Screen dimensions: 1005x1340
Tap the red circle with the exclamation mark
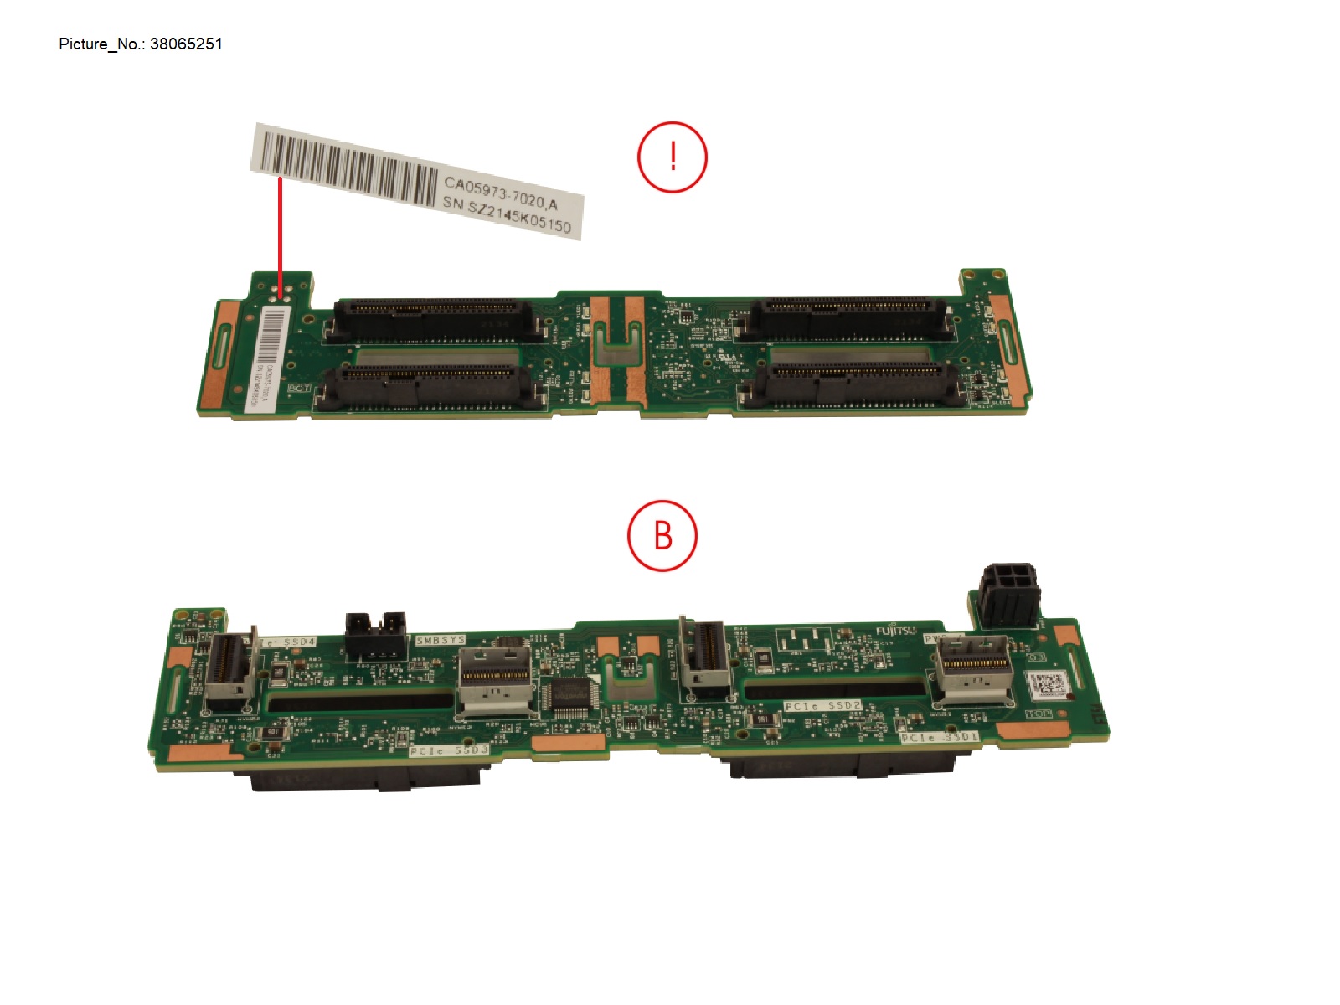pyautogui.click(x=673, y=157)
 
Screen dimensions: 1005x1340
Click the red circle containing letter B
pyautogui.click(x=662, y=536)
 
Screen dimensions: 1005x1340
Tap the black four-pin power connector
pyautogui.click(x=1008, y=594)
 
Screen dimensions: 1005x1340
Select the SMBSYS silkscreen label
pyautogui.click(x=441, y=641)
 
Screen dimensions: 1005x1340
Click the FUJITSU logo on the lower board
pyautogui.click(x=896, y=631)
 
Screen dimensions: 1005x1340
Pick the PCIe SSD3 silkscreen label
pyautogui.click(x=449, y=750)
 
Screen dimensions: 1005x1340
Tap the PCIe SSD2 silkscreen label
pyautogui.click(x=822, y=706)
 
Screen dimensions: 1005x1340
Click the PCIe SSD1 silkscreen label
pyautogui.click(x=939, y=737)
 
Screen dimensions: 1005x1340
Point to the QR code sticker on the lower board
pyautogui.click(x=1048, y=683)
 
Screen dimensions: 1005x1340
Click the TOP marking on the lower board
pyautogui.click(x=1038, y=714)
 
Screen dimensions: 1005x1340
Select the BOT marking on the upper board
pyautogui.click(x=299, y=389)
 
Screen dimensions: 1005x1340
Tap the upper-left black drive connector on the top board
pyautogui.click(x=435, y=317)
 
